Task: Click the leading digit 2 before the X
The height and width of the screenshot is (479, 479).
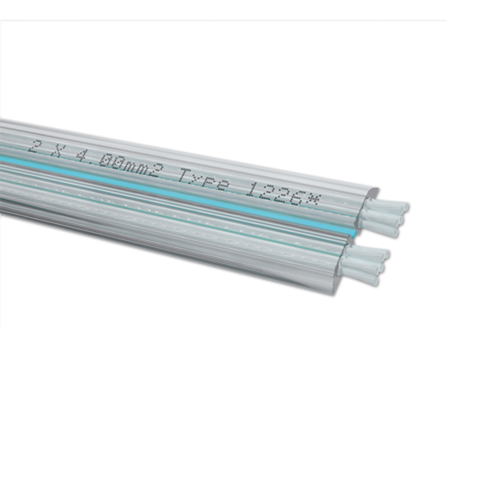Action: click(34, 146)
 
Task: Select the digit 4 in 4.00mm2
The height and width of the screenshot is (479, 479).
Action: click(83, 156)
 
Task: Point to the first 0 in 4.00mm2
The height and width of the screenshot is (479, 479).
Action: click(107, 160)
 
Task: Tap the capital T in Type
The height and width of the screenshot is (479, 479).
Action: click(185, 175)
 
